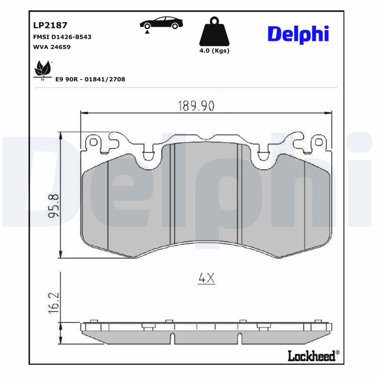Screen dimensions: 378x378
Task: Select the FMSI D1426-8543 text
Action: click(x=62, y=36)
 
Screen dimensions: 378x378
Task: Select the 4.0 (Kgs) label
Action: click(x=214, y=51)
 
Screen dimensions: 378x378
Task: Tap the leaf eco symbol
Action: click(x=43, y=70)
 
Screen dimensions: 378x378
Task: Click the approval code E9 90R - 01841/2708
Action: click(x=90, y=79)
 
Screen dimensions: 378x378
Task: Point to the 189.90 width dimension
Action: click(x=196, y=106)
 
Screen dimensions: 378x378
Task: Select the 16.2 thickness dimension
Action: click(x=54, y=301)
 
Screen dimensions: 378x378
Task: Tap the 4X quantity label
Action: click(x=206, y=279)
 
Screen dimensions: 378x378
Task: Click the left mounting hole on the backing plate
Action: click(x=94, y=142)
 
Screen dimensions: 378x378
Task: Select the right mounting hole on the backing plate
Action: click(x=320, y=142)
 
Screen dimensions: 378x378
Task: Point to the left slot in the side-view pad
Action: click(x=173, y=338)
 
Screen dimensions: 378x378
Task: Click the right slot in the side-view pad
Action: click(x=241, y=338)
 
